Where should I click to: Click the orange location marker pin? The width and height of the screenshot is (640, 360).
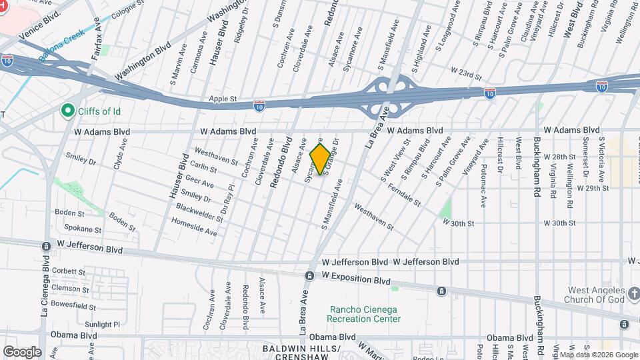click(x=321, y=159)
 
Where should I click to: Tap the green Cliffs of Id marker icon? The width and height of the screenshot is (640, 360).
click(x=67, y=110)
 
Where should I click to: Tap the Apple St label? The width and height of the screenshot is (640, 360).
click(x=223, y=99)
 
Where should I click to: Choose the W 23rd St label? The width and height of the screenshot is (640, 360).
click(x=465, y=70)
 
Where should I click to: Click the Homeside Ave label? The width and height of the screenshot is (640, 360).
click(x=194, y=229)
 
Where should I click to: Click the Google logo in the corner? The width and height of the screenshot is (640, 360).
click(x=22, y=351)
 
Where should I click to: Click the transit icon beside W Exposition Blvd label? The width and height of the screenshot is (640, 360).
click(x=310, y=275)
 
